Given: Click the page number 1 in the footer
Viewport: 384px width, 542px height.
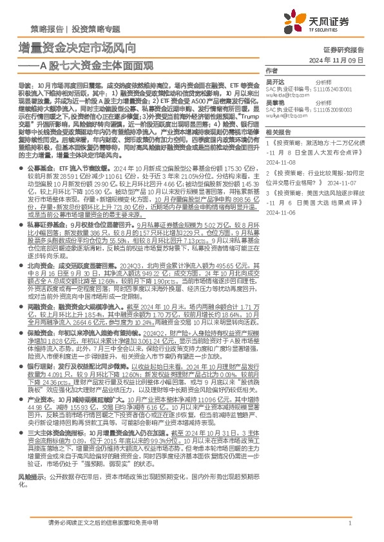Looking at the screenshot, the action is [349, 523].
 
